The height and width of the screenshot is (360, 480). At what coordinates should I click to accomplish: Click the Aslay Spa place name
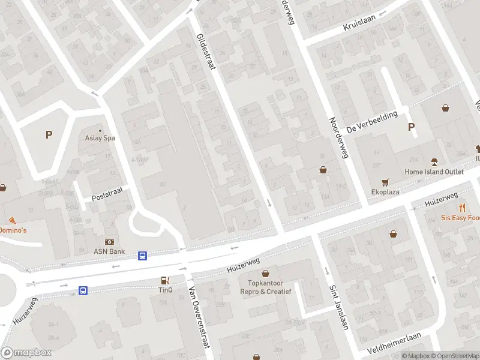pyautogui.click(x=100, y=138)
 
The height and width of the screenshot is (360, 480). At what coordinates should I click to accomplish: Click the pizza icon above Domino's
pyautogui.click(x=13, y=221)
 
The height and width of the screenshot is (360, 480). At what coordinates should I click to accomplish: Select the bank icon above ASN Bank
pyautogui.click(x=100, y=242)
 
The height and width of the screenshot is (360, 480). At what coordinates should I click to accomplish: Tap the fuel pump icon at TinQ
pyautogui.click(x=164, y=280)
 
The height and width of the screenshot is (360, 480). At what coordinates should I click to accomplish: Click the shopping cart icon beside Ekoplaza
pyautogui.click(x=385, y=182)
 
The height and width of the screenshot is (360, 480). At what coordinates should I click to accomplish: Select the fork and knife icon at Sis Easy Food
pyautogui.click(x=463, y=208)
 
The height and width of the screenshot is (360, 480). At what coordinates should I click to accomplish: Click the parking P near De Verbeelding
pyautogui.click(x=411, y=127)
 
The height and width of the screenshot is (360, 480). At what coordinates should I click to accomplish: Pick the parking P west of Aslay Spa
pyautogui.click(x=49, y=135)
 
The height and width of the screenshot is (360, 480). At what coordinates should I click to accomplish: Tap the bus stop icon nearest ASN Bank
pyautogui.click(x=143, y=256)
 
